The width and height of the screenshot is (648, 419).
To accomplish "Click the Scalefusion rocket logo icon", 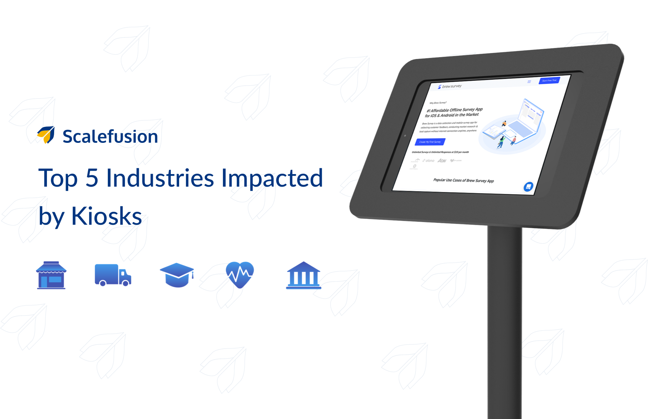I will pos(46,135).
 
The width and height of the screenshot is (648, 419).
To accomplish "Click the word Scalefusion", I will pos(110,137).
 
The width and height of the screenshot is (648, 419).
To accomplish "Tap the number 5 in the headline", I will pos(92,178).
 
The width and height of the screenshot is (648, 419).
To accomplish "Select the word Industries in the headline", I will pos(160,178).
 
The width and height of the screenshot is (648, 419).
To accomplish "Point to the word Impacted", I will pos(272,178).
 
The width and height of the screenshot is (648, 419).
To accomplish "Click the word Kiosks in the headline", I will pos(106,216).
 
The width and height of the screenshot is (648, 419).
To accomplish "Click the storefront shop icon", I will pos(51,275).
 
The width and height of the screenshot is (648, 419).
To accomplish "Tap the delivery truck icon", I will pos(113,275).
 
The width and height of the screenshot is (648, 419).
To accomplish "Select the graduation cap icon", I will pos(177,275).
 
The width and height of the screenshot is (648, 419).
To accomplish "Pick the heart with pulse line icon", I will pos(240,274).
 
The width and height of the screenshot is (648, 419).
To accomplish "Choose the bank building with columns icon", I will pos(303,275).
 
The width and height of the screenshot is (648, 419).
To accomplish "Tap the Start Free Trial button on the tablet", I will pos(549,80).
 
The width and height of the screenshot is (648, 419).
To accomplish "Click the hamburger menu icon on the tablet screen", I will pos(529,82).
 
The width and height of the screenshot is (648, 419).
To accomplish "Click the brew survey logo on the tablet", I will pos(450,86).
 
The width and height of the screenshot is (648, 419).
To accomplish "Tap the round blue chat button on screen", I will pos(528,187).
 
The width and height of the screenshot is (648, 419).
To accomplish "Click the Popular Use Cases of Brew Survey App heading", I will pos(464,180).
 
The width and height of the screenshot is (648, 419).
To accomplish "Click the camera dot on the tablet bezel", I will pos(405,135).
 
